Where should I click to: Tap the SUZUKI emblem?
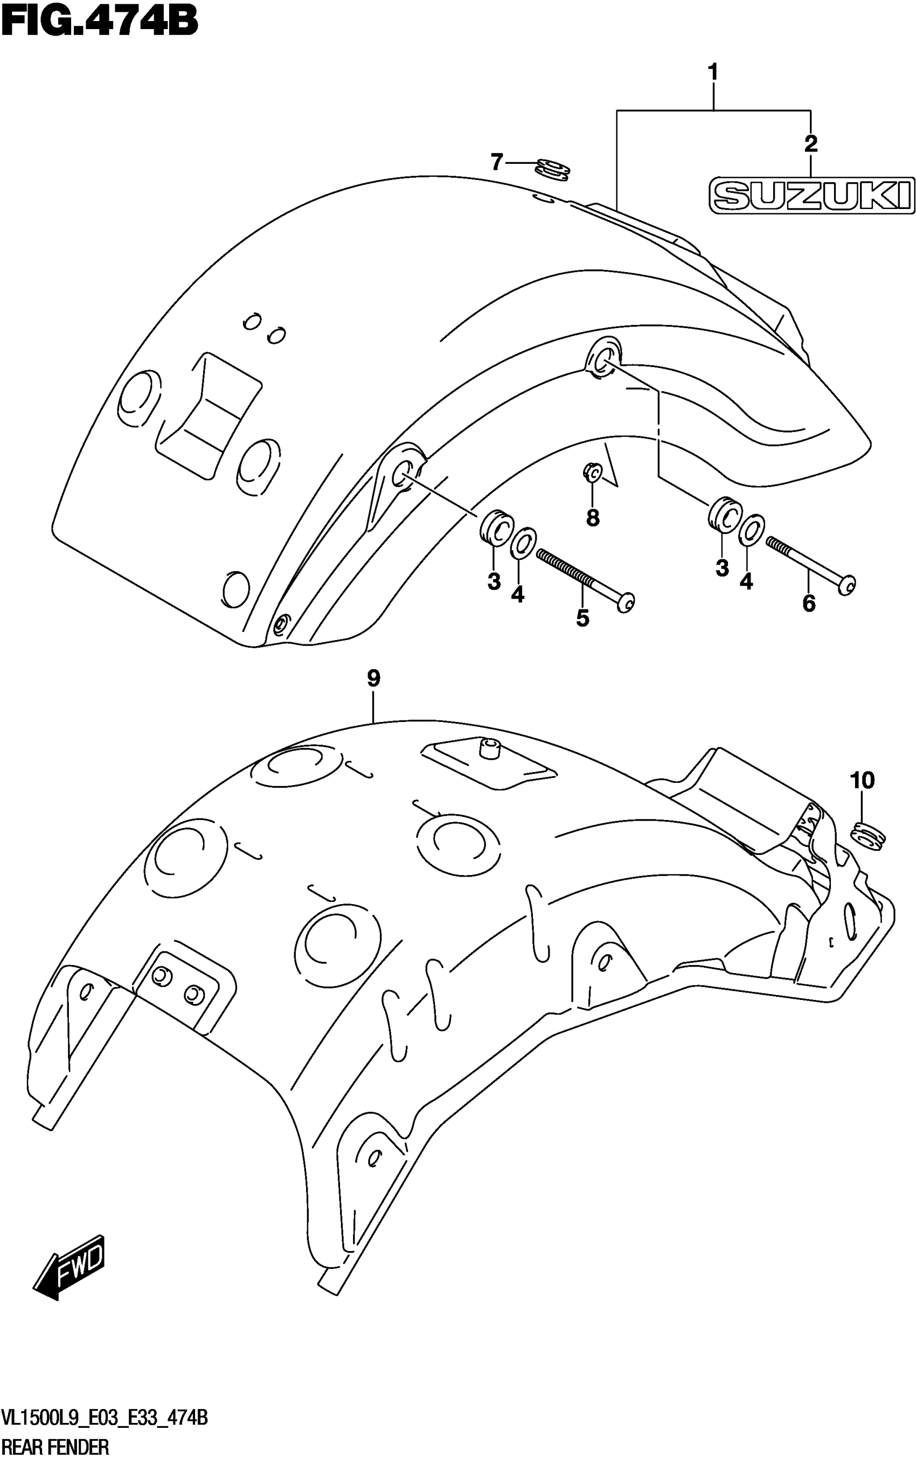point(812,196)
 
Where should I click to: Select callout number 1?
point(713,73)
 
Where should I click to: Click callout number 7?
point(497,162)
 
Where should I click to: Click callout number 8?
point(593,518)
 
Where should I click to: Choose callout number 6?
point(809,604)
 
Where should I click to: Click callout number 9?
point(373,679)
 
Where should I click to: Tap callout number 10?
point(863,781)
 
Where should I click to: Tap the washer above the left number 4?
point(522,542)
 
